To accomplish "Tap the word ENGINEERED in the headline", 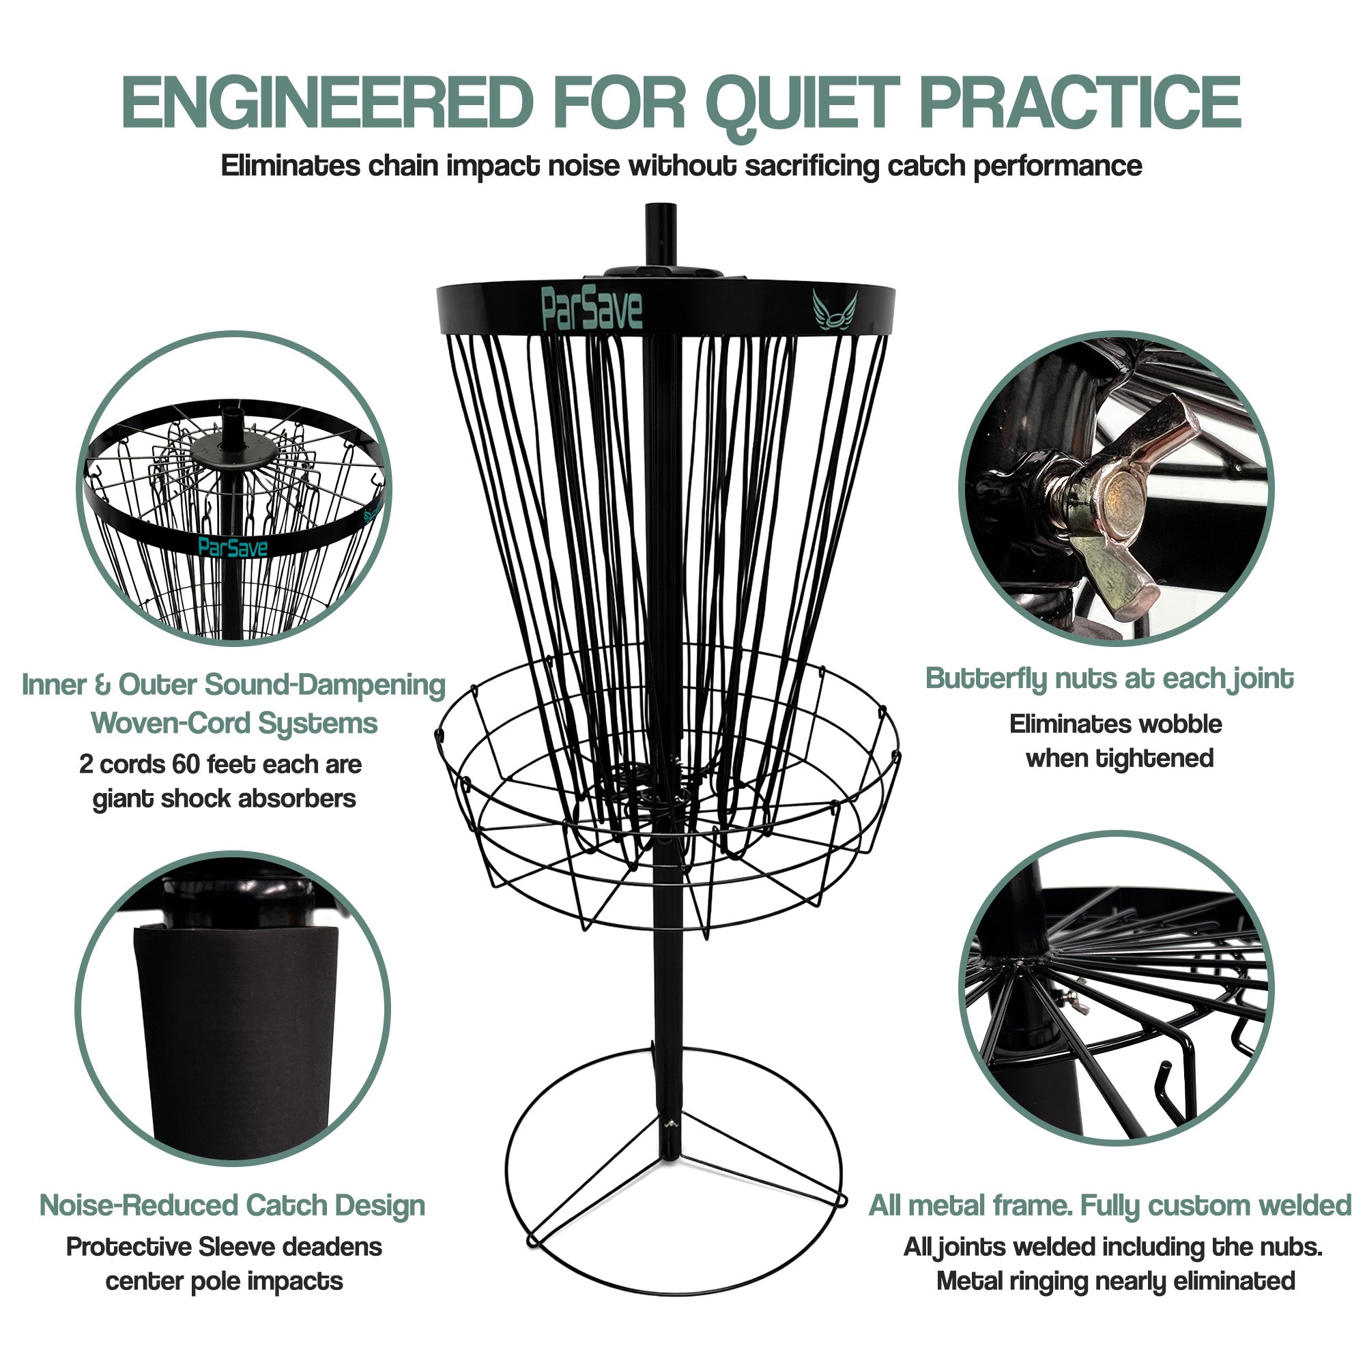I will pos(326,104).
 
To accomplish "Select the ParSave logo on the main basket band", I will pos(591,308).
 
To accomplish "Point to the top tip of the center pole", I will pos(661,207).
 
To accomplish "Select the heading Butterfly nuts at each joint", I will pos(1109,679).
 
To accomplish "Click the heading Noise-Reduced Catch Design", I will pos(233,1205).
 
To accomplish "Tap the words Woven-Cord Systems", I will pos(234,723).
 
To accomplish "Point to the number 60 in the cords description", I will pos(186,764).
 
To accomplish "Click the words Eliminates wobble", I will pos(1116,724).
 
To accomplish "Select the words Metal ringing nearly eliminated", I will pos(1116,1281).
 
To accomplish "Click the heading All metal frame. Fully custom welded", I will pos(1109,1205).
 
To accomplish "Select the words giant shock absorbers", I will pos(224,799).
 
